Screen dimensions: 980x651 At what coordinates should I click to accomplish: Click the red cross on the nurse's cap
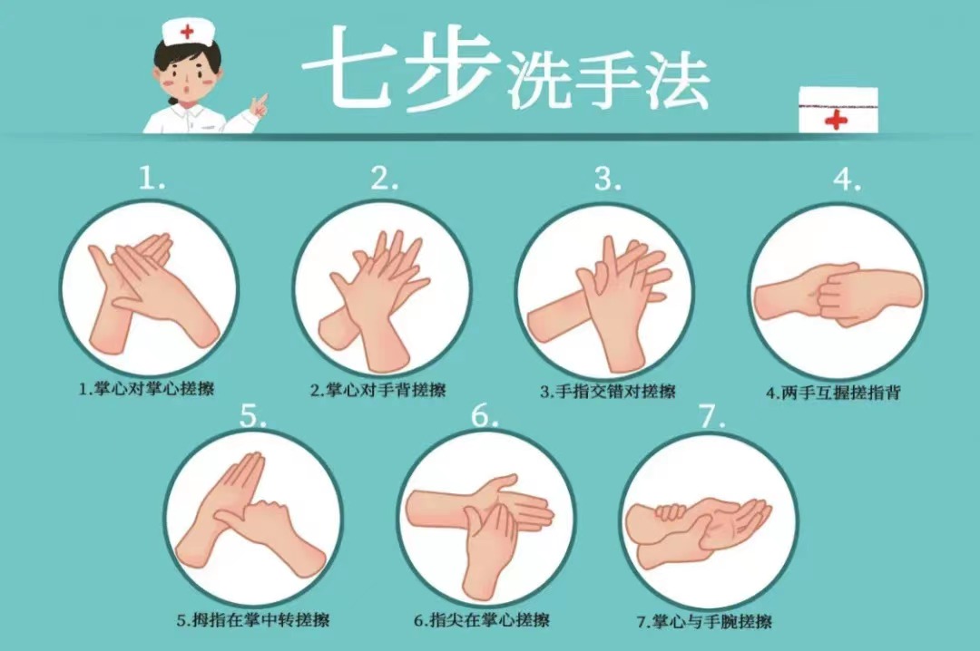187,31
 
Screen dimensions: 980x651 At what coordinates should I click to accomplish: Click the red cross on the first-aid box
836,119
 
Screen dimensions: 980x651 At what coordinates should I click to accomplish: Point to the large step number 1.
152,178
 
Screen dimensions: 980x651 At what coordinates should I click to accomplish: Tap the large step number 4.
847,180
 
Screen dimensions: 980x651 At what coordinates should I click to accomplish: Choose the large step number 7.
712,415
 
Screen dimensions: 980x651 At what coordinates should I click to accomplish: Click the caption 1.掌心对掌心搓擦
147,389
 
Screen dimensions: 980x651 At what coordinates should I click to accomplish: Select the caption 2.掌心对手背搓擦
378,391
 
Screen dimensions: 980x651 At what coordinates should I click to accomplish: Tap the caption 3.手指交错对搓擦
608,392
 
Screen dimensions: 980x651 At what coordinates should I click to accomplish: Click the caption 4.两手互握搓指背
834,393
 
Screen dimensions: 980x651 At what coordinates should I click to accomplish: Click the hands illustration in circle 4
838,295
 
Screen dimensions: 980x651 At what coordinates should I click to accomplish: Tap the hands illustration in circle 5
250,512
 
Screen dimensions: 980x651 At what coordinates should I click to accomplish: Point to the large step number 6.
485,415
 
